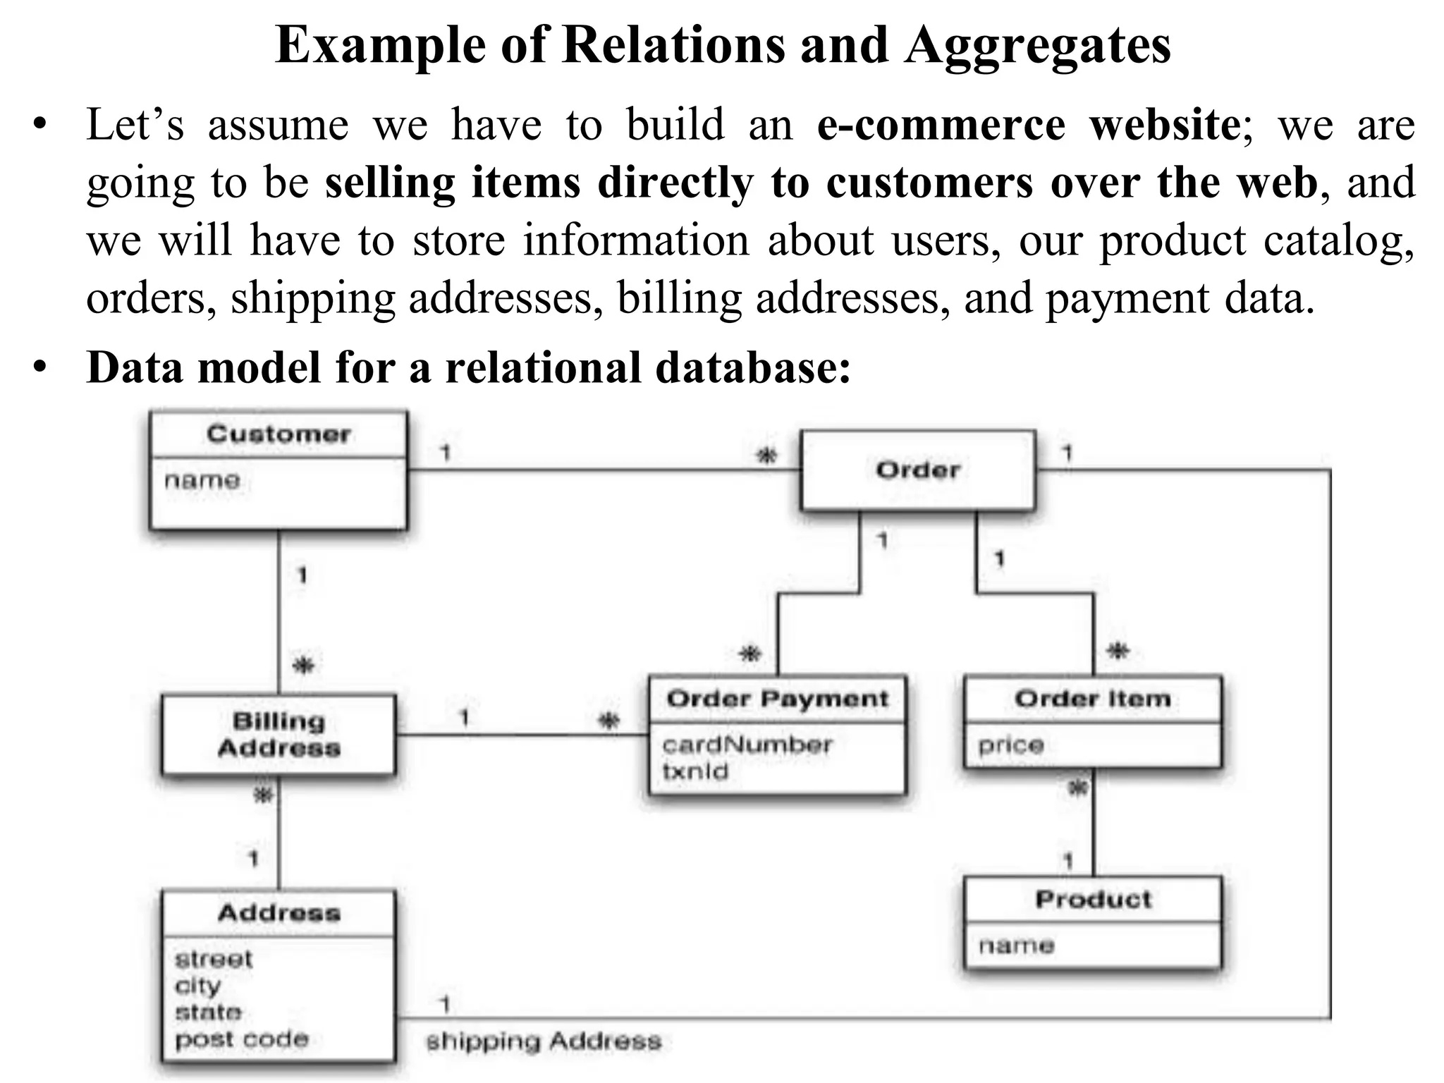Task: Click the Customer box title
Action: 279,434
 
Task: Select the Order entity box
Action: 918,470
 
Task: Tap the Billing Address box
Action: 279,735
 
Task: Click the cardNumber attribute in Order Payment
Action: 747,745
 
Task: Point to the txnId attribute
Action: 695,771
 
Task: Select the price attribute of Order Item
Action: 1011,745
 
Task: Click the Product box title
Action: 1093,900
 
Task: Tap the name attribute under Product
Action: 1016,946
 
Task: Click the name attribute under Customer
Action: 202,481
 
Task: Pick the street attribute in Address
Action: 214,960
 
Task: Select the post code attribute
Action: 242,1039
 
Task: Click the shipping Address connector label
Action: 544,1041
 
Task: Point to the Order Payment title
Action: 777,699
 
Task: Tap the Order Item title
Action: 1093,699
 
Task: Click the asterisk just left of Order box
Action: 766,456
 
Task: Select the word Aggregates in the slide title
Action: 1038,46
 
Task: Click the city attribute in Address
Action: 198,986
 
